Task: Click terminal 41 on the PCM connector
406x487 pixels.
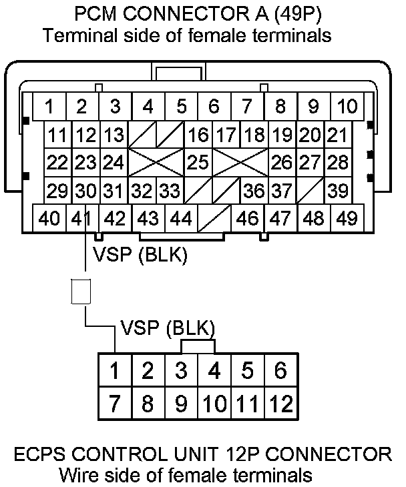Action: click(x=82, y=217)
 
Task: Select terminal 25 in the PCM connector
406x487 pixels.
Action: click(x=198, y=162)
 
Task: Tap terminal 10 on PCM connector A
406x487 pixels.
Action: click(x=347, y=106)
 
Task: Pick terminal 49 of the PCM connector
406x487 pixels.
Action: click(x=347, y=217)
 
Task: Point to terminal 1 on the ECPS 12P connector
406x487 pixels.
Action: click(x=115, y=370)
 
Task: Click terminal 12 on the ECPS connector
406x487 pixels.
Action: click(x=281, y=404)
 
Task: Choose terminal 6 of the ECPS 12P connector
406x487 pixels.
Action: click(x=281, y=370)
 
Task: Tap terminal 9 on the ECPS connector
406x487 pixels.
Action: click(x=182, y=404)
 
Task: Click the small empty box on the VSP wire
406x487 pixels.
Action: click(x=81, y=292)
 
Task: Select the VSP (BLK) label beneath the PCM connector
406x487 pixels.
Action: click(x=140, y=255)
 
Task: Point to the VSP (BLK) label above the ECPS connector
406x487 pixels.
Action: click(x=168, y=328)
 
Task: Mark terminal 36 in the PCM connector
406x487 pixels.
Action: click(x=254, y=190)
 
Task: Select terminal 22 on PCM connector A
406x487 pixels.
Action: click(x=58, y=162)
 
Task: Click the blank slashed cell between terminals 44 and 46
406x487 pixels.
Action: click(x=215, y=217)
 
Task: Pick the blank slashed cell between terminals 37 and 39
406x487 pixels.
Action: click(x=311, y=190)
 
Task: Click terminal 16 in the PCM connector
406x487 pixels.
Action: click(x=198, y=135)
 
